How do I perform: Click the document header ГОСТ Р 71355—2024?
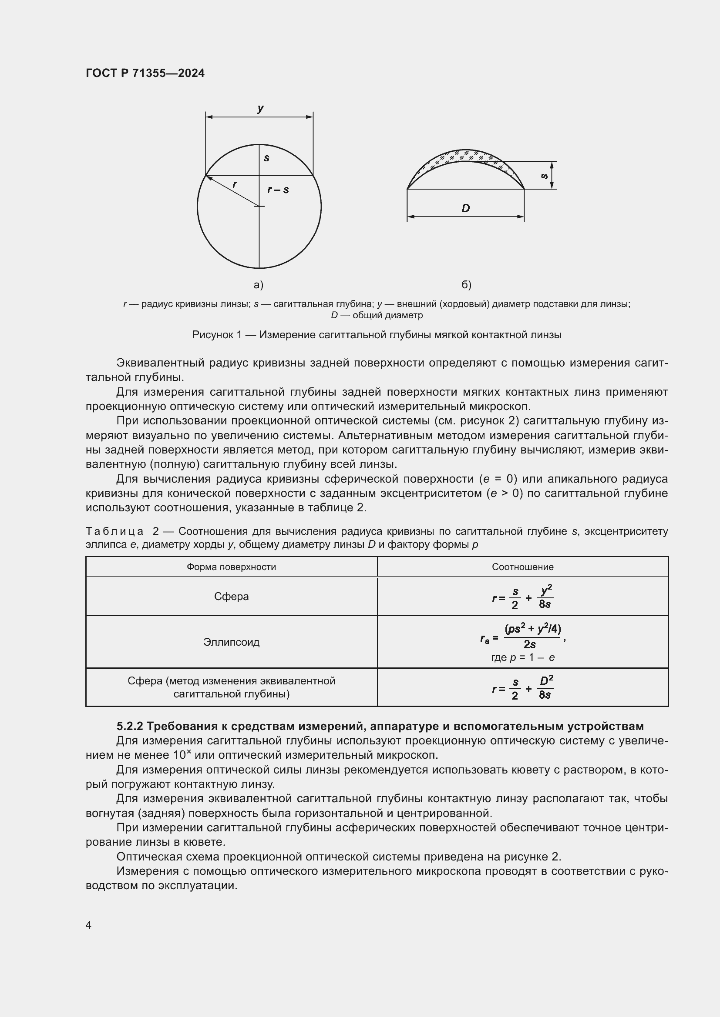[145, 73]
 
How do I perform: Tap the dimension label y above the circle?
[260, 108]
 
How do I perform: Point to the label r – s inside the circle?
[278, 190]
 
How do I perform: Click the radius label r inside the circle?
[235, 184]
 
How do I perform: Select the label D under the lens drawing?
[465, 208]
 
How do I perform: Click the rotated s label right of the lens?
[545, 176]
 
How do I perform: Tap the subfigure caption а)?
[259, 285]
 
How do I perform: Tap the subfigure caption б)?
[466, 285]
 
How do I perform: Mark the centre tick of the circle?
[259, 207]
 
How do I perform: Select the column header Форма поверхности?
[231, 567]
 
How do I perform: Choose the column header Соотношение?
[522, 567]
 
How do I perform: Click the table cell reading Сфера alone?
[231, 597]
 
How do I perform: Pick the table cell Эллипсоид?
[231, 642]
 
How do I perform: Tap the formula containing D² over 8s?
[523, 688]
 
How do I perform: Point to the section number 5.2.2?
[129, 727]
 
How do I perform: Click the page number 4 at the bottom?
[88, 925]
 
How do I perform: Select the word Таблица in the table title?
[114, 531]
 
